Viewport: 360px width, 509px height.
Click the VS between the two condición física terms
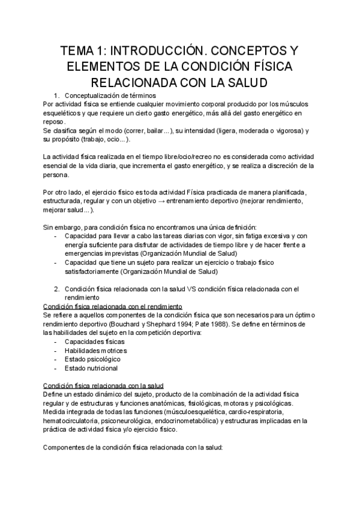tap(192, 289)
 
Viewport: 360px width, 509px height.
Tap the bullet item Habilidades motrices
tap(95, 351)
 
